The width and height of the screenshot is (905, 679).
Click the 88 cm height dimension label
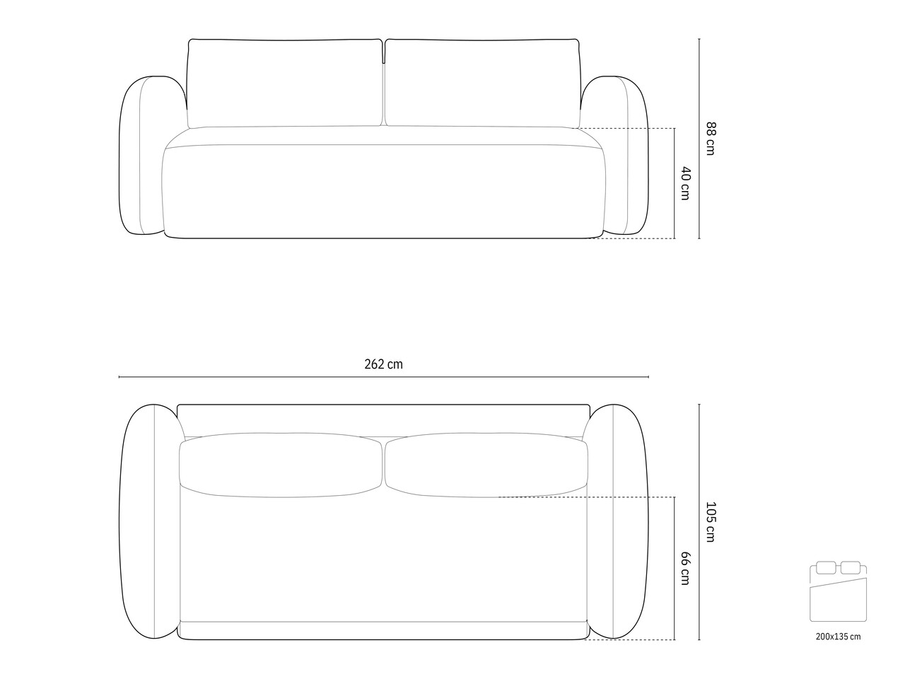click(711, 139)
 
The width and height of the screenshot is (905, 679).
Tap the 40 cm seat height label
click(685, 183)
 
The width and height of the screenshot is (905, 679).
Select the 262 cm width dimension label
click(383, 364)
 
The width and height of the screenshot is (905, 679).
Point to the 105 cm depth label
click(711, 521)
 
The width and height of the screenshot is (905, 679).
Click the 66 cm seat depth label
click(685, 568)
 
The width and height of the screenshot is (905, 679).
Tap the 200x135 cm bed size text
click(839, 637)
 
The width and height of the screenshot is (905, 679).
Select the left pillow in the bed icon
click(826, 568)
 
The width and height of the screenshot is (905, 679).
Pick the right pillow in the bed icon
click(851, 568)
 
